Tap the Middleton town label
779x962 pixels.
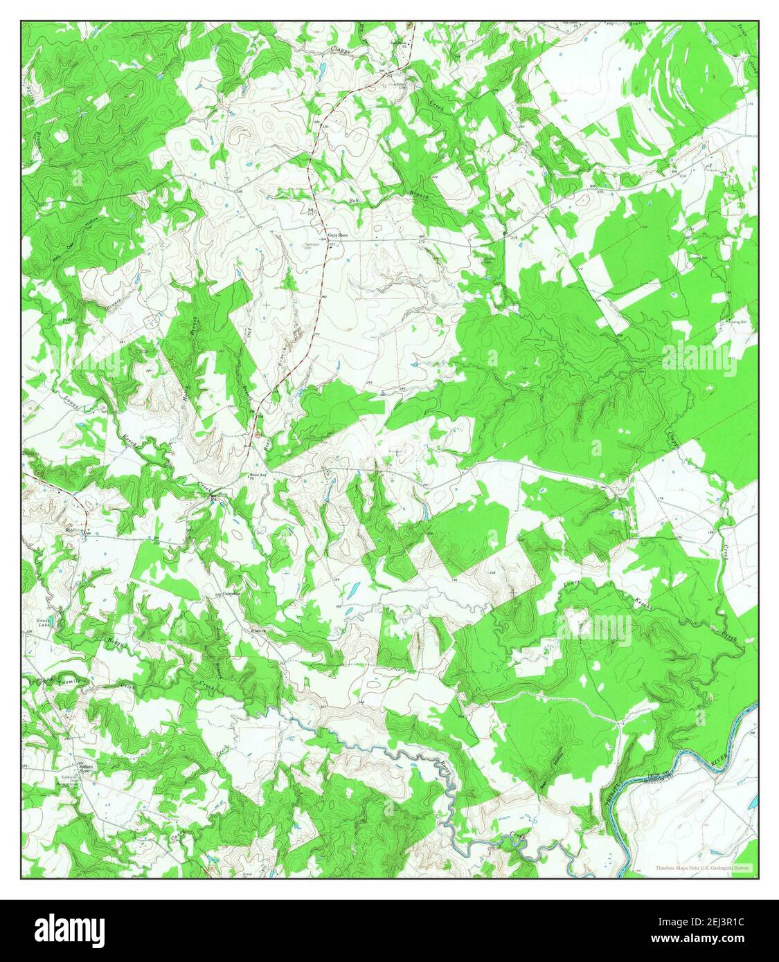tap(74, 531)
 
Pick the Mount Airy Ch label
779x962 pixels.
tap(259, 477)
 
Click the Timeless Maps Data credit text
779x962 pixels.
tap(702, 867)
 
